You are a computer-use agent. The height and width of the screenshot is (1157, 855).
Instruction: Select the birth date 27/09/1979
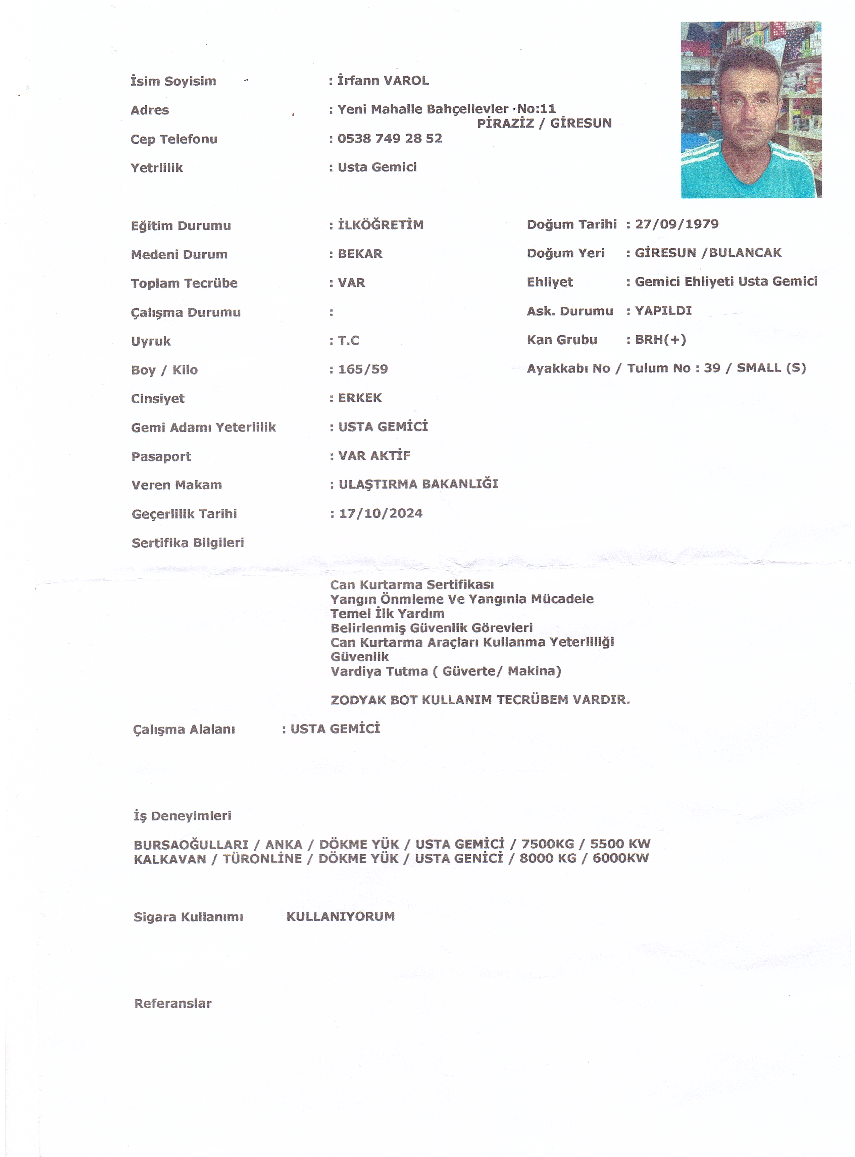click(676, 224)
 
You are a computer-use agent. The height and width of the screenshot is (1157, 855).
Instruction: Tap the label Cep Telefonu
click(174, 139)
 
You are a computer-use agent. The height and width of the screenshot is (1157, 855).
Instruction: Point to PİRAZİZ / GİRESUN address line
click(544, 123)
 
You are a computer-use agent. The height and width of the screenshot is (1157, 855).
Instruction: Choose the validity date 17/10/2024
click(381, 513)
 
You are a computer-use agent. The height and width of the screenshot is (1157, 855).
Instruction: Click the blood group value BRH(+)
click(660, 340)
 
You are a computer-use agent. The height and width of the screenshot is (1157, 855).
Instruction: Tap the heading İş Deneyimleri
click(182, 816)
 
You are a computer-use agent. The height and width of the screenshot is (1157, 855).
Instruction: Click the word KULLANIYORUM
click(341, 916)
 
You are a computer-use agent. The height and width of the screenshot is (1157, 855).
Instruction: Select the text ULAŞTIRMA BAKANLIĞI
click(418, 484)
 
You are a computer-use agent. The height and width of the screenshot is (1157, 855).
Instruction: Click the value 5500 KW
click(620, 844)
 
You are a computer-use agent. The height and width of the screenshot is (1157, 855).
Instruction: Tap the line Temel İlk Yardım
click(387, 614)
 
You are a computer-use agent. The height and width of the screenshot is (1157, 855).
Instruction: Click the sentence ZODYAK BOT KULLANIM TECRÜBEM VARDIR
click(480, 700)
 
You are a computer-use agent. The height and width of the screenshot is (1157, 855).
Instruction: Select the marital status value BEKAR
click(360, 254)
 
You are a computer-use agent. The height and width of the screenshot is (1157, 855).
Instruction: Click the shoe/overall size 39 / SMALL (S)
click(755, 368)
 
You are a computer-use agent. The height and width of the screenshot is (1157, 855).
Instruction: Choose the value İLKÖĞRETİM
click(381, 225)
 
